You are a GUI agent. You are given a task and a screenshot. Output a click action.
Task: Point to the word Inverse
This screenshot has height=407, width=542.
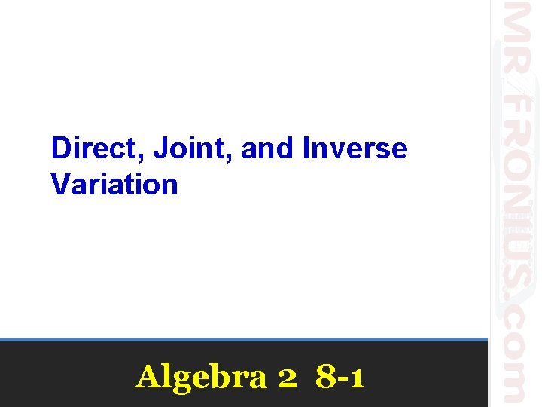tap(355, 148)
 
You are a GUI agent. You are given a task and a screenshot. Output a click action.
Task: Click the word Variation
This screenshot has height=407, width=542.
tap(114, 184)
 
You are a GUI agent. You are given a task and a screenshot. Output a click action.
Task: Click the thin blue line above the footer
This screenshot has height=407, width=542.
tap(244, 340)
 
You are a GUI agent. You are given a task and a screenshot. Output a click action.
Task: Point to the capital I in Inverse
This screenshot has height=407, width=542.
tap(306, 148)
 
